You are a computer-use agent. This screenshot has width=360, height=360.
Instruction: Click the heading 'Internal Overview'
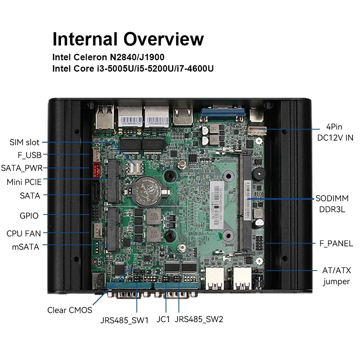pyautogui.click(x=128, y=39)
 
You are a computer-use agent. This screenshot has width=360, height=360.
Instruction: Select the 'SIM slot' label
pyautogui.click(x=25, y=142)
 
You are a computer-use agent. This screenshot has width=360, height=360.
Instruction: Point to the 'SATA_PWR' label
pyautogui.click(x=22, y=168)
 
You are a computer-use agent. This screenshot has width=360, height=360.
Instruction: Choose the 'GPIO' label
pyautogui.click(x=29, y=216)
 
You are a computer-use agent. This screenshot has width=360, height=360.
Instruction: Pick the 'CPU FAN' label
pyautogui.click(x=23, y=233)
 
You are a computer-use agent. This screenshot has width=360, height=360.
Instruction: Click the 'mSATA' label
pyautogui.click(x=26, y=247)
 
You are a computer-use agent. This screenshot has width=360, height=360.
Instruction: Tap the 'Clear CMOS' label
pyautogui.click(x=70, y=310)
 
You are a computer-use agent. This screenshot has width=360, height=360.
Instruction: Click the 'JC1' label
pyautogui.click(x=163, y=319)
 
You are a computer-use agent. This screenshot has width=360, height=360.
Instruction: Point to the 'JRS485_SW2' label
pyautogui.click(x=199, y=319)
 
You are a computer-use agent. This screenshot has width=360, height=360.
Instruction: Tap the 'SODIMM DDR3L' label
pyautogui.click(x=330, y=204)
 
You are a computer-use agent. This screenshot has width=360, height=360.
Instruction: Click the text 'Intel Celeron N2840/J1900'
pyautogui.click(x=108, y=58)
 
